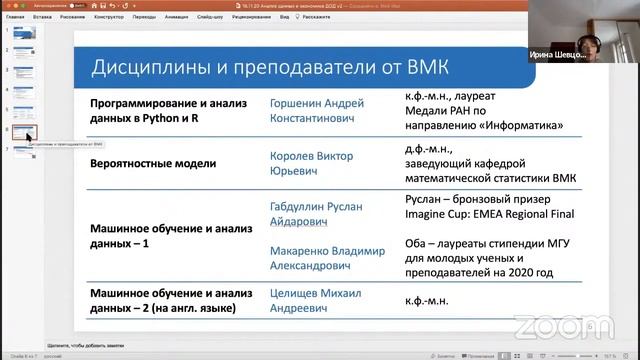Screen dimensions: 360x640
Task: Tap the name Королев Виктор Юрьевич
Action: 312,162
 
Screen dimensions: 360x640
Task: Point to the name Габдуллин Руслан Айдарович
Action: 319,213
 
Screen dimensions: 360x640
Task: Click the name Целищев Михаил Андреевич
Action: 316,300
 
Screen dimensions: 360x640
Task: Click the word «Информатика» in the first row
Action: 521,127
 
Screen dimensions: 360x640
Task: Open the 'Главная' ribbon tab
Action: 15,17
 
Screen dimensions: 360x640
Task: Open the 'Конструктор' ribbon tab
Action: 108,17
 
